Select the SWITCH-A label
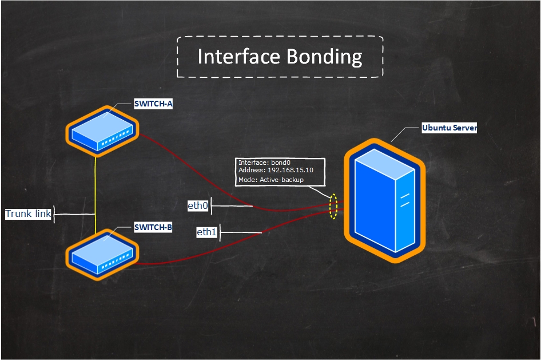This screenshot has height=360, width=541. pyautogui.click(x=153, y=104)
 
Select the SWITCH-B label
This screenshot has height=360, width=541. pyautogui.click(x=153, y=227)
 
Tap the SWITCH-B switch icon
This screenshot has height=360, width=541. pyautogui.click(x=103, y=254)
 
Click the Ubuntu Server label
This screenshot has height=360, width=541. pyautogui.click(x=449, y=128)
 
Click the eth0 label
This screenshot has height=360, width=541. pyautogui.click(x=198, y=205)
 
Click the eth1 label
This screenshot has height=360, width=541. pyautogui.click(x=206, y=232)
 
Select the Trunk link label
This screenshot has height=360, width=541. pyautogui.click(x=29, y=214)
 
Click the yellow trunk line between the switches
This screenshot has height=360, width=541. pyautogui.click(x=96, y=189)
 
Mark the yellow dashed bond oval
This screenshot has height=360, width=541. pyautogui.click(x=333, y=207)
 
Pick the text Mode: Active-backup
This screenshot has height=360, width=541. pyautogui.click(x=270, y=180)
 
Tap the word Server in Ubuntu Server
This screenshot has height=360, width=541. pyautogui.click(x=464, y=128)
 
